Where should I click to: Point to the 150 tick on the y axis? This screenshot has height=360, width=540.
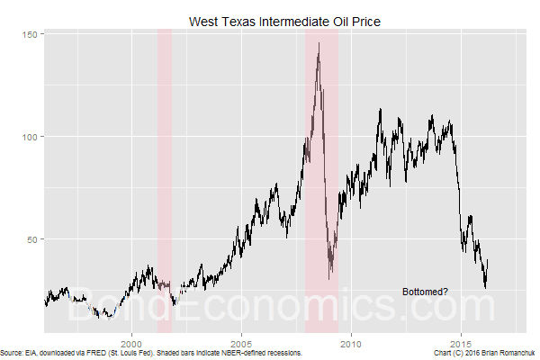(x=31, y=34)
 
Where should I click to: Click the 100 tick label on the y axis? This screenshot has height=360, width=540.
(x=31, y=137)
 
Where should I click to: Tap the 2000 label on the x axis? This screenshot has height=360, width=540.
(x=132, y=342)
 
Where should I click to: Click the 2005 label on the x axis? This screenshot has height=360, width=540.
(x=241, y=342)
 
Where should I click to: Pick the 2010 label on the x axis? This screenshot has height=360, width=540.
(x=351, y=342)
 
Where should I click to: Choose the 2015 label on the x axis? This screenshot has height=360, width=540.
(x=461, y=342)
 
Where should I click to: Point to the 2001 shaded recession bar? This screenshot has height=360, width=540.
(x=165, y=180)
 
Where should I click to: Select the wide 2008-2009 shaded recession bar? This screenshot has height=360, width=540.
(x=321, y=180)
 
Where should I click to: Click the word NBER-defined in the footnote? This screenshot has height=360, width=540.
(x=255, y=354)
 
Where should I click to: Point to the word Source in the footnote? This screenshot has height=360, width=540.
(x=13, y=354)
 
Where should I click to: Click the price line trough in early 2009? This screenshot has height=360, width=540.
(x=330, y=275)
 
